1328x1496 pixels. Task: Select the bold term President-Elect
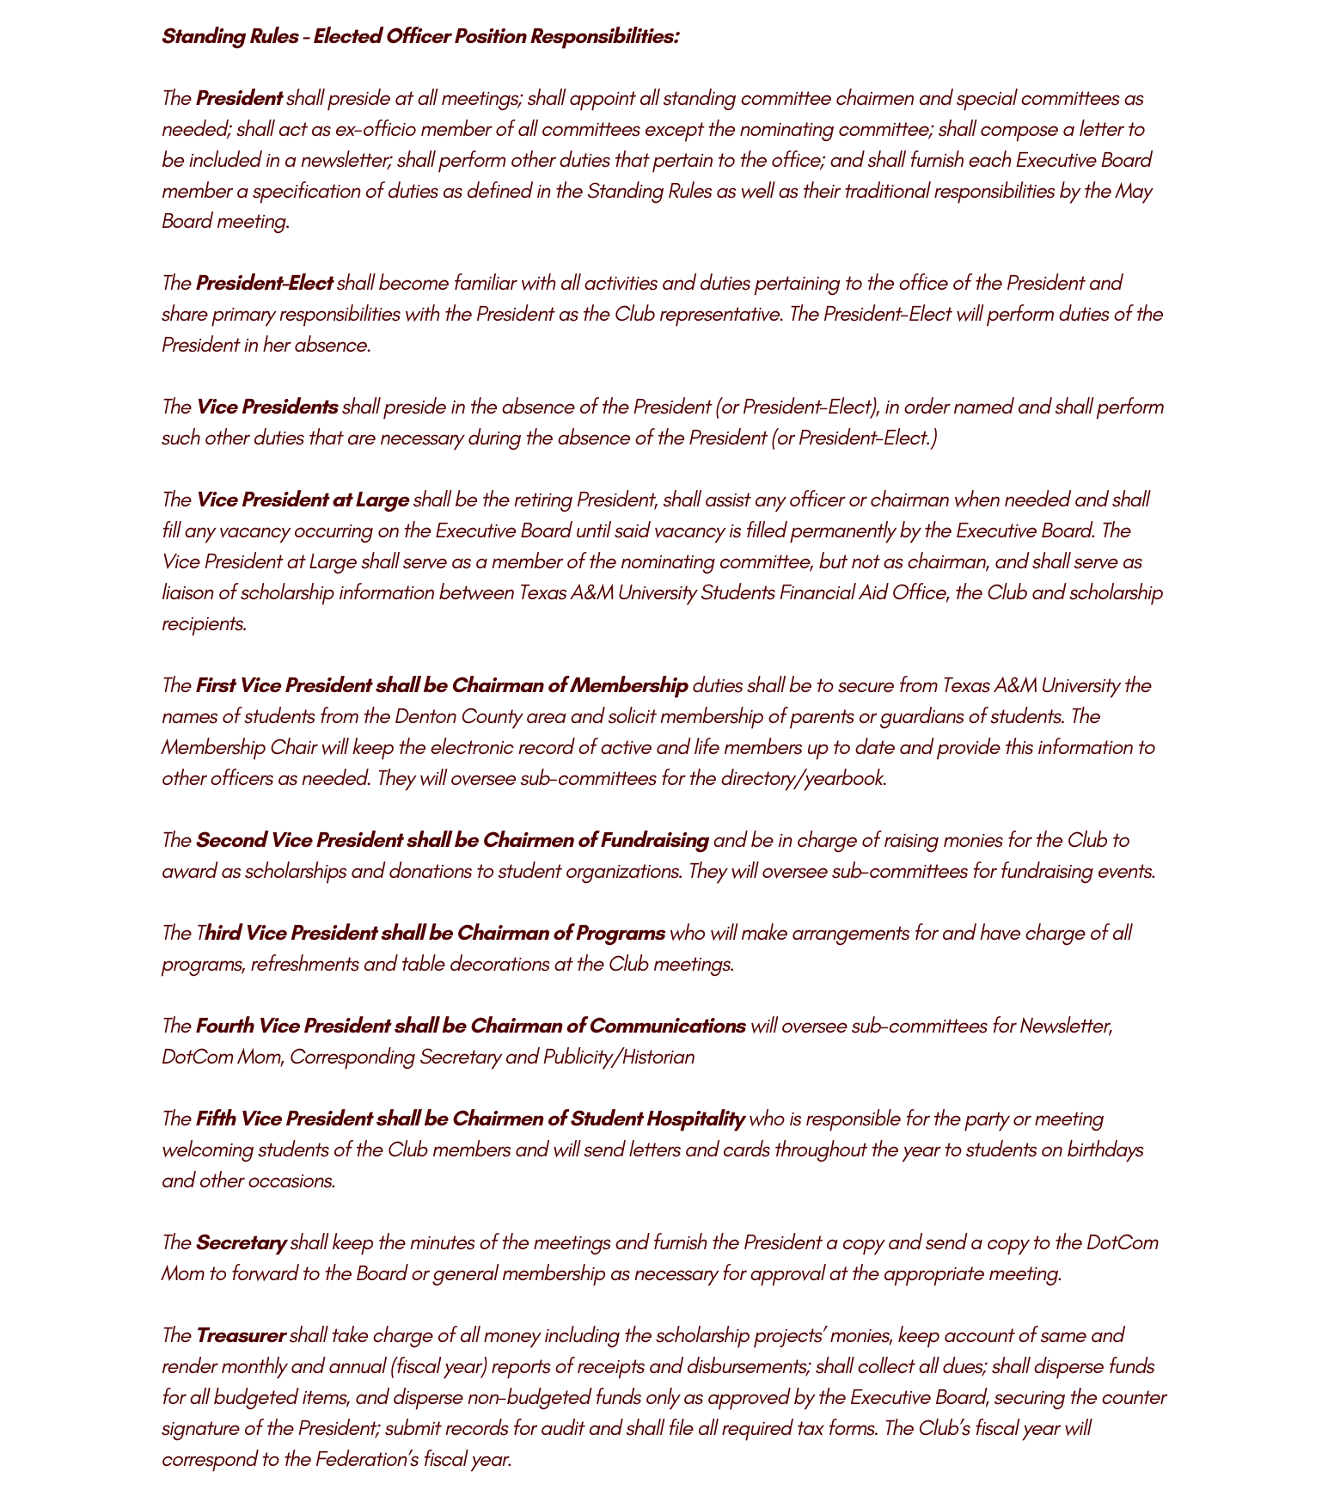click(264, 283)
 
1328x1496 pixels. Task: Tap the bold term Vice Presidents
click(266, 407)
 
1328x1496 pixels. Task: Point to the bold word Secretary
click(241, 1242)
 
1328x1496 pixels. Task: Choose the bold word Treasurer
click(240, 1335)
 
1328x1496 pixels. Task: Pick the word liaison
click(188, 592)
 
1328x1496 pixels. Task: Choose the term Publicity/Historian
click(618, 1057)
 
